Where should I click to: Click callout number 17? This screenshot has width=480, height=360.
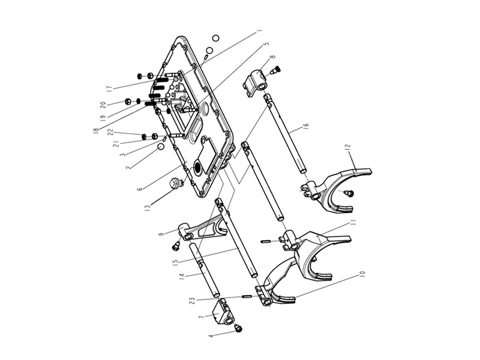pos(109,88)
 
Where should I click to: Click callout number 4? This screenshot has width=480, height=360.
pos(211,337)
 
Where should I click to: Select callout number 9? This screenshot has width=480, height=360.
pos(161,233)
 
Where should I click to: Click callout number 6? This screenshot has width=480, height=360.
pos(140,188)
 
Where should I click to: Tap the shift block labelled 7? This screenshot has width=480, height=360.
pos(225,313)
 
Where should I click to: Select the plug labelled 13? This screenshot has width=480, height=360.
pos(176,184)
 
